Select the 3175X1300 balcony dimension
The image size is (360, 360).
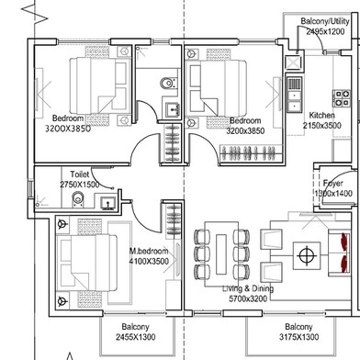304,337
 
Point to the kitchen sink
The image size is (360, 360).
294,90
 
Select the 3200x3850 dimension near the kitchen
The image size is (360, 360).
246,131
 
